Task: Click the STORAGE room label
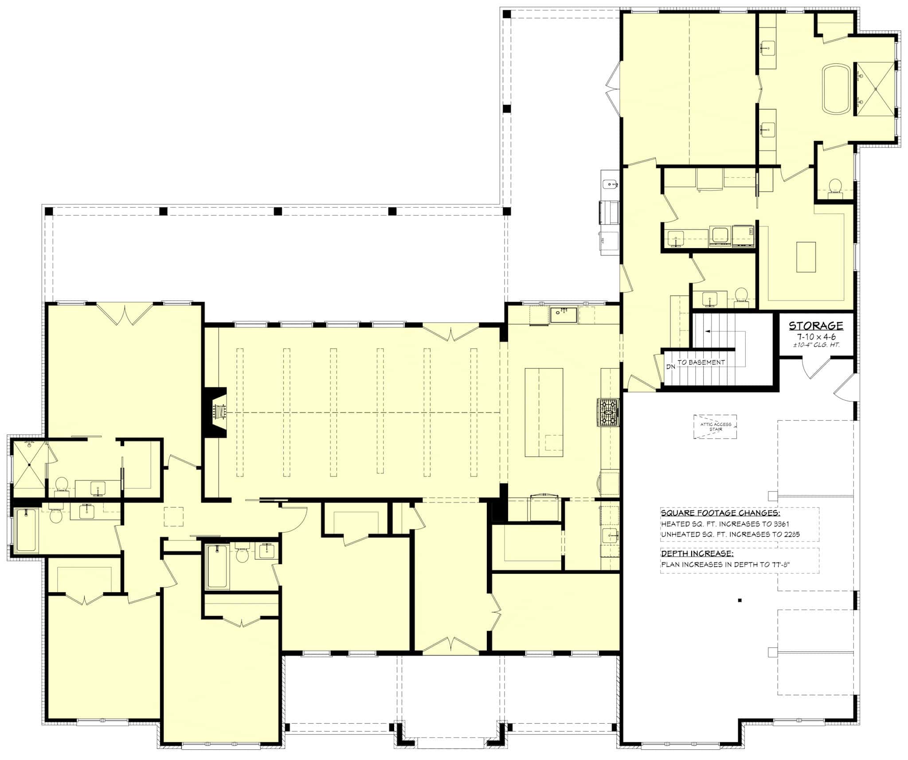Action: coord(815,326)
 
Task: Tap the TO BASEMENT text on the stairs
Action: coord(701,362)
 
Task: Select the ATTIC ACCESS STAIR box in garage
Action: coord(715,426)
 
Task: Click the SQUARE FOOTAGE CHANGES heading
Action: coord(720,513)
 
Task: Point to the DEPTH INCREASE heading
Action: coord(697,553)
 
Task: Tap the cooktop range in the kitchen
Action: coord(608,412)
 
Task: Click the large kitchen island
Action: coord(544,412)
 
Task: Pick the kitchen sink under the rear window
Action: coord(563,315)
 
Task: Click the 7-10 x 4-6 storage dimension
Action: coord(815,336)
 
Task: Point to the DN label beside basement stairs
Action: coord(670,367)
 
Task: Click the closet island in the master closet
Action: coord(806,257)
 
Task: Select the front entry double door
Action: coord(450,646)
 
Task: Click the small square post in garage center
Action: coord(740,600)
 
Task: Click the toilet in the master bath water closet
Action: coord(835,186)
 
